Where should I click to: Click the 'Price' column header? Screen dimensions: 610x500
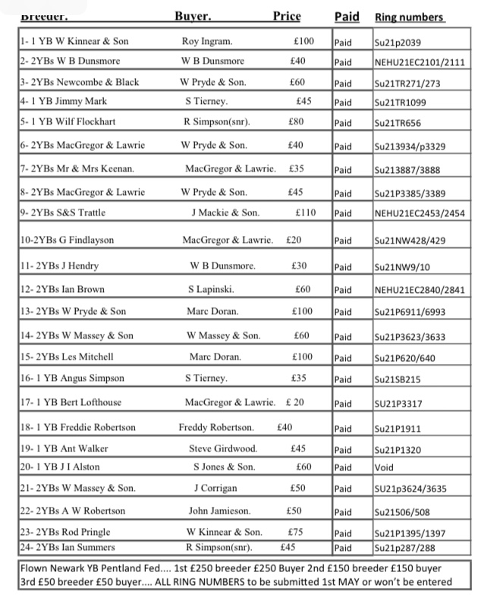click(287, 16)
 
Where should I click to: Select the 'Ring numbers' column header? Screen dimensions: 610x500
click(409, 17)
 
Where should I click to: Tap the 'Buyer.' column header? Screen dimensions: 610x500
click(193, 16)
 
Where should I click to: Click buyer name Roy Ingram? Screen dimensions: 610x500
click(207, 41)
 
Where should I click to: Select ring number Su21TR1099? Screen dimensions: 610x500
click(401, 102)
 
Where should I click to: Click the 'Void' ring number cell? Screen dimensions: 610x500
click(384, 467)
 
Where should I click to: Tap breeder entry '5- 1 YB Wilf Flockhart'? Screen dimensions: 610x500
click(68, 121)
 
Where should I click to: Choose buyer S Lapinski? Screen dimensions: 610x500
click(211, 289)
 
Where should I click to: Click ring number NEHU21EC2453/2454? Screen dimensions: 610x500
click(420, 214)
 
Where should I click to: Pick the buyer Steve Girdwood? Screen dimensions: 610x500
click(223, 448)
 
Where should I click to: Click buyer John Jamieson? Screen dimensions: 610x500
click(219, 511)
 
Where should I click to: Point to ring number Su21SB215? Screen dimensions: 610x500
click(399, 379)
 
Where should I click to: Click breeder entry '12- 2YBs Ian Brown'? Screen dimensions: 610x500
click(62, 289)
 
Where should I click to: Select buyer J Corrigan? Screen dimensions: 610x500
click(216, 488)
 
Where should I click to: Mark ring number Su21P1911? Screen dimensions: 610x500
click(398, 429)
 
